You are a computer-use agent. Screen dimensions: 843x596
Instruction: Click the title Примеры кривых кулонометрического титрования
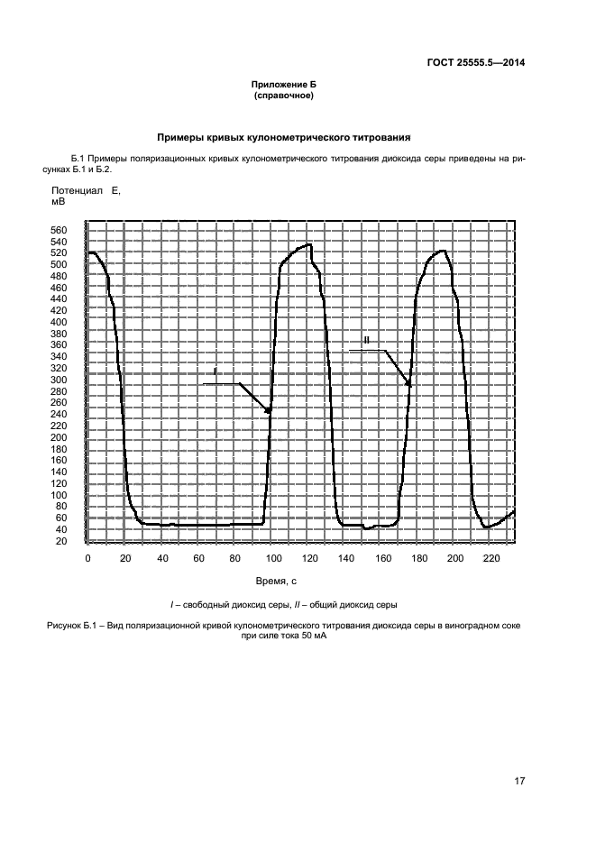click(284, 138)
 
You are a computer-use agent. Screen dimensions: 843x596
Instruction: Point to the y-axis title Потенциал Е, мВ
click(85, 197)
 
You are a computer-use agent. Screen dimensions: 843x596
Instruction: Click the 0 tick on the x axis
click(87, 560)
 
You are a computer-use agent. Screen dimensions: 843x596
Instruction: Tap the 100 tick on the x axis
click(271, 560)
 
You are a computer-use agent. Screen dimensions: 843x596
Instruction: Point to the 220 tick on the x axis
click(491, 560)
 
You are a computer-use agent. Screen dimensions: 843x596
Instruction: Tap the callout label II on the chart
click(366, 340)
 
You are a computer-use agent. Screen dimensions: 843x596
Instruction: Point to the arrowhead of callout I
click(270, 411)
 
